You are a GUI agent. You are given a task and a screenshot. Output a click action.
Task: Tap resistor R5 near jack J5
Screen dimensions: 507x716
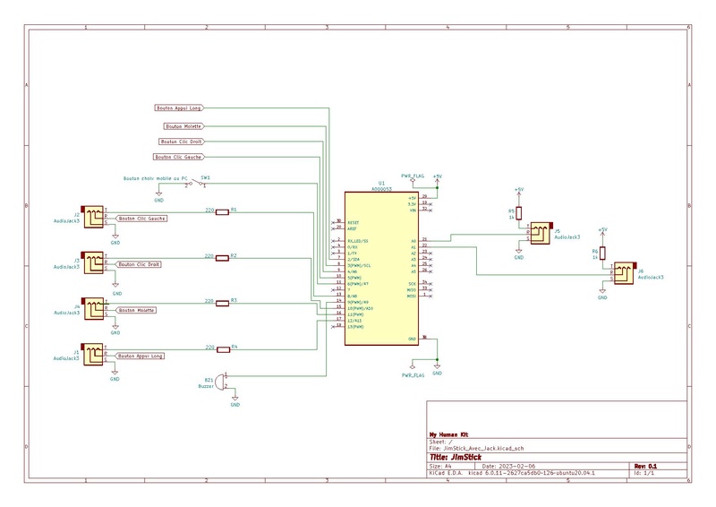(x=518, y=212)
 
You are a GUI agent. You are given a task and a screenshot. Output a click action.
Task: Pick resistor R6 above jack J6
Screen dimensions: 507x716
(x=602, y=253)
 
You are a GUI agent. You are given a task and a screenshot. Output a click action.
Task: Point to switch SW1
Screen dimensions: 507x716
(x=197, y=184)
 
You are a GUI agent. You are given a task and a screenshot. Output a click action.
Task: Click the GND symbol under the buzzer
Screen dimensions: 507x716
(x=235, y=404)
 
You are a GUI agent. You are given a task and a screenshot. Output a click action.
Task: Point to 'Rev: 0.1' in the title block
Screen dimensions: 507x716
(x=646, y=466)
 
